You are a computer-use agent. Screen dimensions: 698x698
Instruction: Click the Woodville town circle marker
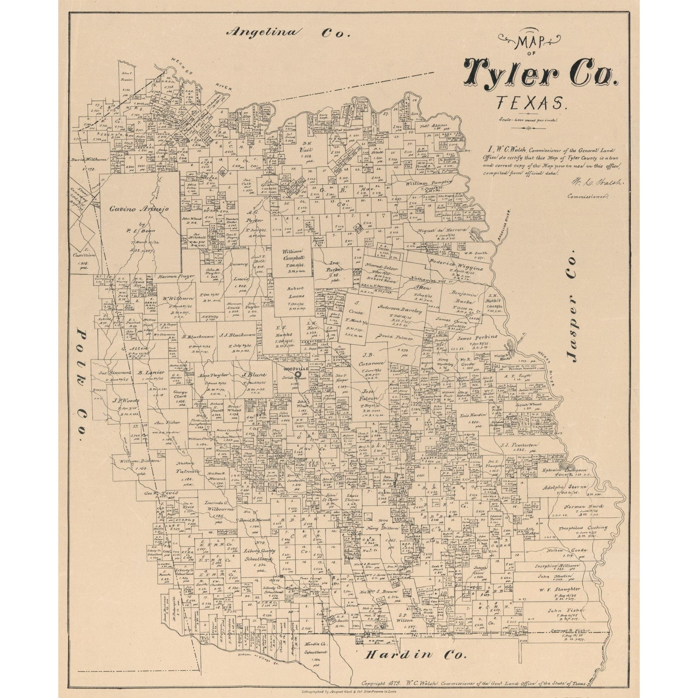coord(297,374)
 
